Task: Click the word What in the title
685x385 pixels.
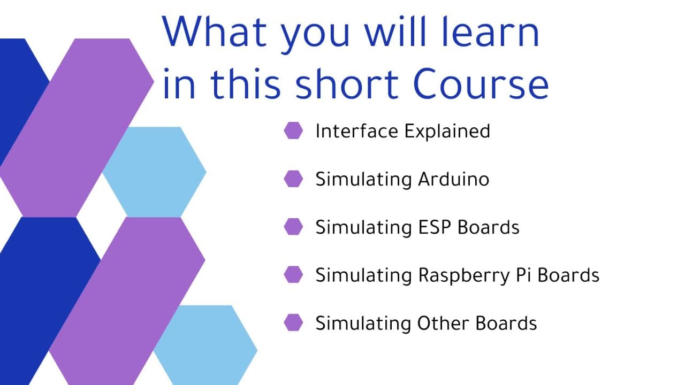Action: pyautogui.click(x=215, y=32)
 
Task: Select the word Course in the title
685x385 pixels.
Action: pyautogui.click(x=481, y=84)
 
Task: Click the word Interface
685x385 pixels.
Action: pyautogui.click(x=357, y=131)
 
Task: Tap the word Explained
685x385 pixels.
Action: pyautogui.click(x=447, y=132)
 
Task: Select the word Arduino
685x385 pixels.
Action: pyautogui.click(x=454, y=179)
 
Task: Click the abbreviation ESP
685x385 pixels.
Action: pyautogui.click(x=435, y=227)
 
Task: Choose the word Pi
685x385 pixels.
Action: pyautogui.click(x=523, y=275)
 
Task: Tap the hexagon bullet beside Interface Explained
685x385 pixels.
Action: pyautogui.click(x=293, y=130)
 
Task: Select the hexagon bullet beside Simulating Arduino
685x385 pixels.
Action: pyautogui.click(x=293, y=179)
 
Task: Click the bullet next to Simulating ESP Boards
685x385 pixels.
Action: pyautogui.click(x=293, y=227)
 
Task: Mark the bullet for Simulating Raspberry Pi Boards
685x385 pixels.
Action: pyautogui.click(x=293, y=275)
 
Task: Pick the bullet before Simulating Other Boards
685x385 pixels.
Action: pyautogui.click(x=293, y=322)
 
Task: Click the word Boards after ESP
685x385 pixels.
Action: pyautogui.click(x=489, y=227)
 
